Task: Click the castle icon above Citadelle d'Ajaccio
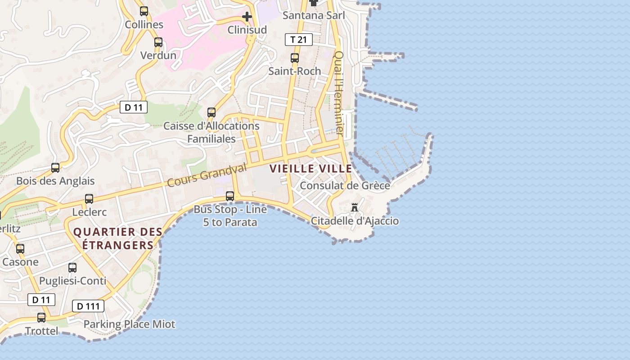coord(355,207)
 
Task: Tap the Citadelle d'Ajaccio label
coord(355,221)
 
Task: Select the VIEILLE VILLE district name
coord(310,169)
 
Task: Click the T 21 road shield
coord(298,40)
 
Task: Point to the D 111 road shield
coord(88,306)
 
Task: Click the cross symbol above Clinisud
coord(247,17)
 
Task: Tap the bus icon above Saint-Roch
coord(295,58)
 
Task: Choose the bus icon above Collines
coord(144,11)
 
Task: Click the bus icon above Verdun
coord(158,42)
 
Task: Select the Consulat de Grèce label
coord(345,185)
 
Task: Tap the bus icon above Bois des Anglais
coord(55,168)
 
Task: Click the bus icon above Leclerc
coord(89,199)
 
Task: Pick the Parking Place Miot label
coord(129,324)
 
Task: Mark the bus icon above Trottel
coord(41,318)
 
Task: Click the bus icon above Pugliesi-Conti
coord(72,268)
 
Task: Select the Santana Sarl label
coord(314,15)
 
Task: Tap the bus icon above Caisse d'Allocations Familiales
coord(211,112)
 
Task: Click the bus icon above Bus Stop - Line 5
coord(230,196)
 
